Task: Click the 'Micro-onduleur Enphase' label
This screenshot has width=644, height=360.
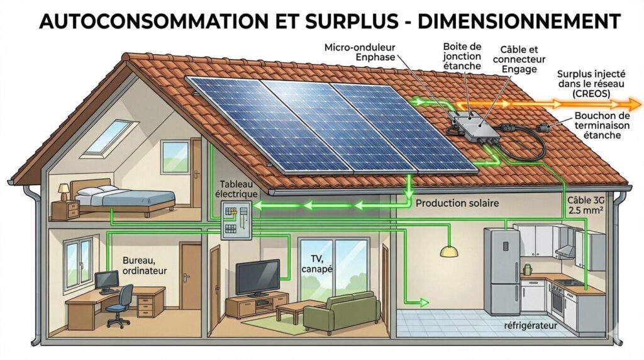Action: [x=360, y=52]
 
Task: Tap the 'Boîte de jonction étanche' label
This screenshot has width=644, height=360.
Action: [x=462, y=56]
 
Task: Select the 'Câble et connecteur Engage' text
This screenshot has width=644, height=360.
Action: [x=519, y=60]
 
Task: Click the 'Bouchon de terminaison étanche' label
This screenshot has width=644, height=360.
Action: [x=602, y=125]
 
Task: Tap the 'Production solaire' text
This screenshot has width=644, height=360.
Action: [x=457, y=203]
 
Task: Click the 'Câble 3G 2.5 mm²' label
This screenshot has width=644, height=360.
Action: [x=586, y=205]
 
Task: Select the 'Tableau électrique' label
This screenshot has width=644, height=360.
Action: [x=236, y=189]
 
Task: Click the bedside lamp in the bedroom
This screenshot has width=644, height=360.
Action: [x=64, y=192]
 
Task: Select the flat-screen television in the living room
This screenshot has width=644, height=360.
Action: [x=258, y=278]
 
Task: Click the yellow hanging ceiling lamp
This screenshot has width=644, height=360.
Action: [x=449, y=251]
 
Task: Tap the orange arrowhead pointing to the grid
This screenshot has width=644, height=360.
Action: [x=630, y=103]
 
